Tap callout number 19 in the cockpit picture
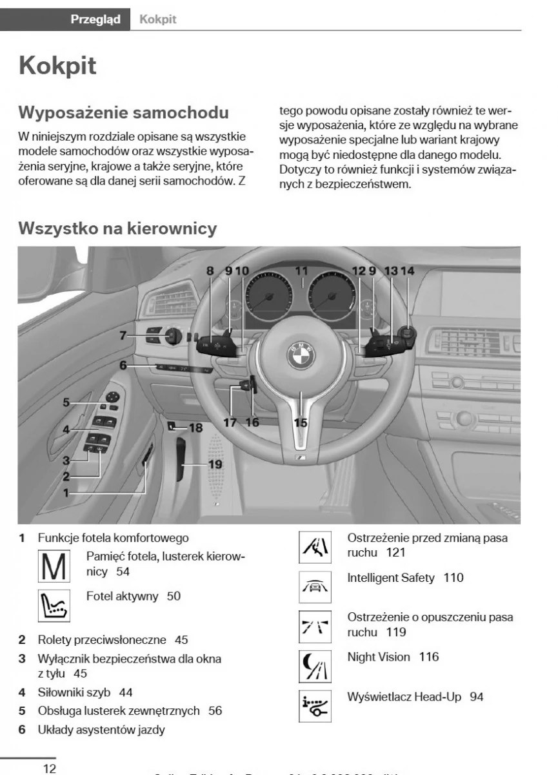tap(214, 464)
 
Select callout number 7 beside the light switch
tap(123, 335)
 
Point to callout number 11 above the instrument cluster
tap(301, 271)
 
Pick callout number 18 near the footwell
tap(195, 428)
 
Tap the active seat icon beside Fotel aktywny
tap(54, 604)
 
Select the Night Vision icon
tap(315, 666)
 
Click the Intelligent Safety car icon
tap(315, 586)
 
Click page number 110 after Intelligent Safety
tap(453, 577)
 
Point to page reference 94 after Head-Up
tap(477, 696)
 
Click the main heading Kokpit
tap(58, 66)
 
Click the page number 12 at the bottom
tap(49, 768)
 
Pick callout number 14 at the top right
tap(407, 271)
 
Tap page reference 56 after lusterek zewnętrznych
tap(215, 710)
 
